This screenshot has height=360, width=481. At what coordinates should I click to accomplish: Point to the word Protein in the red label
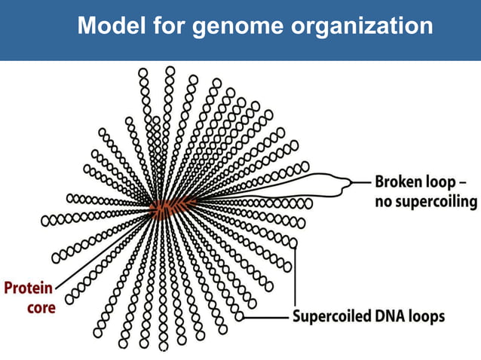coord(29,288)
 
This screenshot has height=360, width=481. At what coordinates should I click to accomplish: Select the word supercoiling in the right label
coord(437,202)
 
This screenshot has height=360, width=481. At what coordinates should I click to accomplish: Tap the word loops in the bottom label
coord(427,316)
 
